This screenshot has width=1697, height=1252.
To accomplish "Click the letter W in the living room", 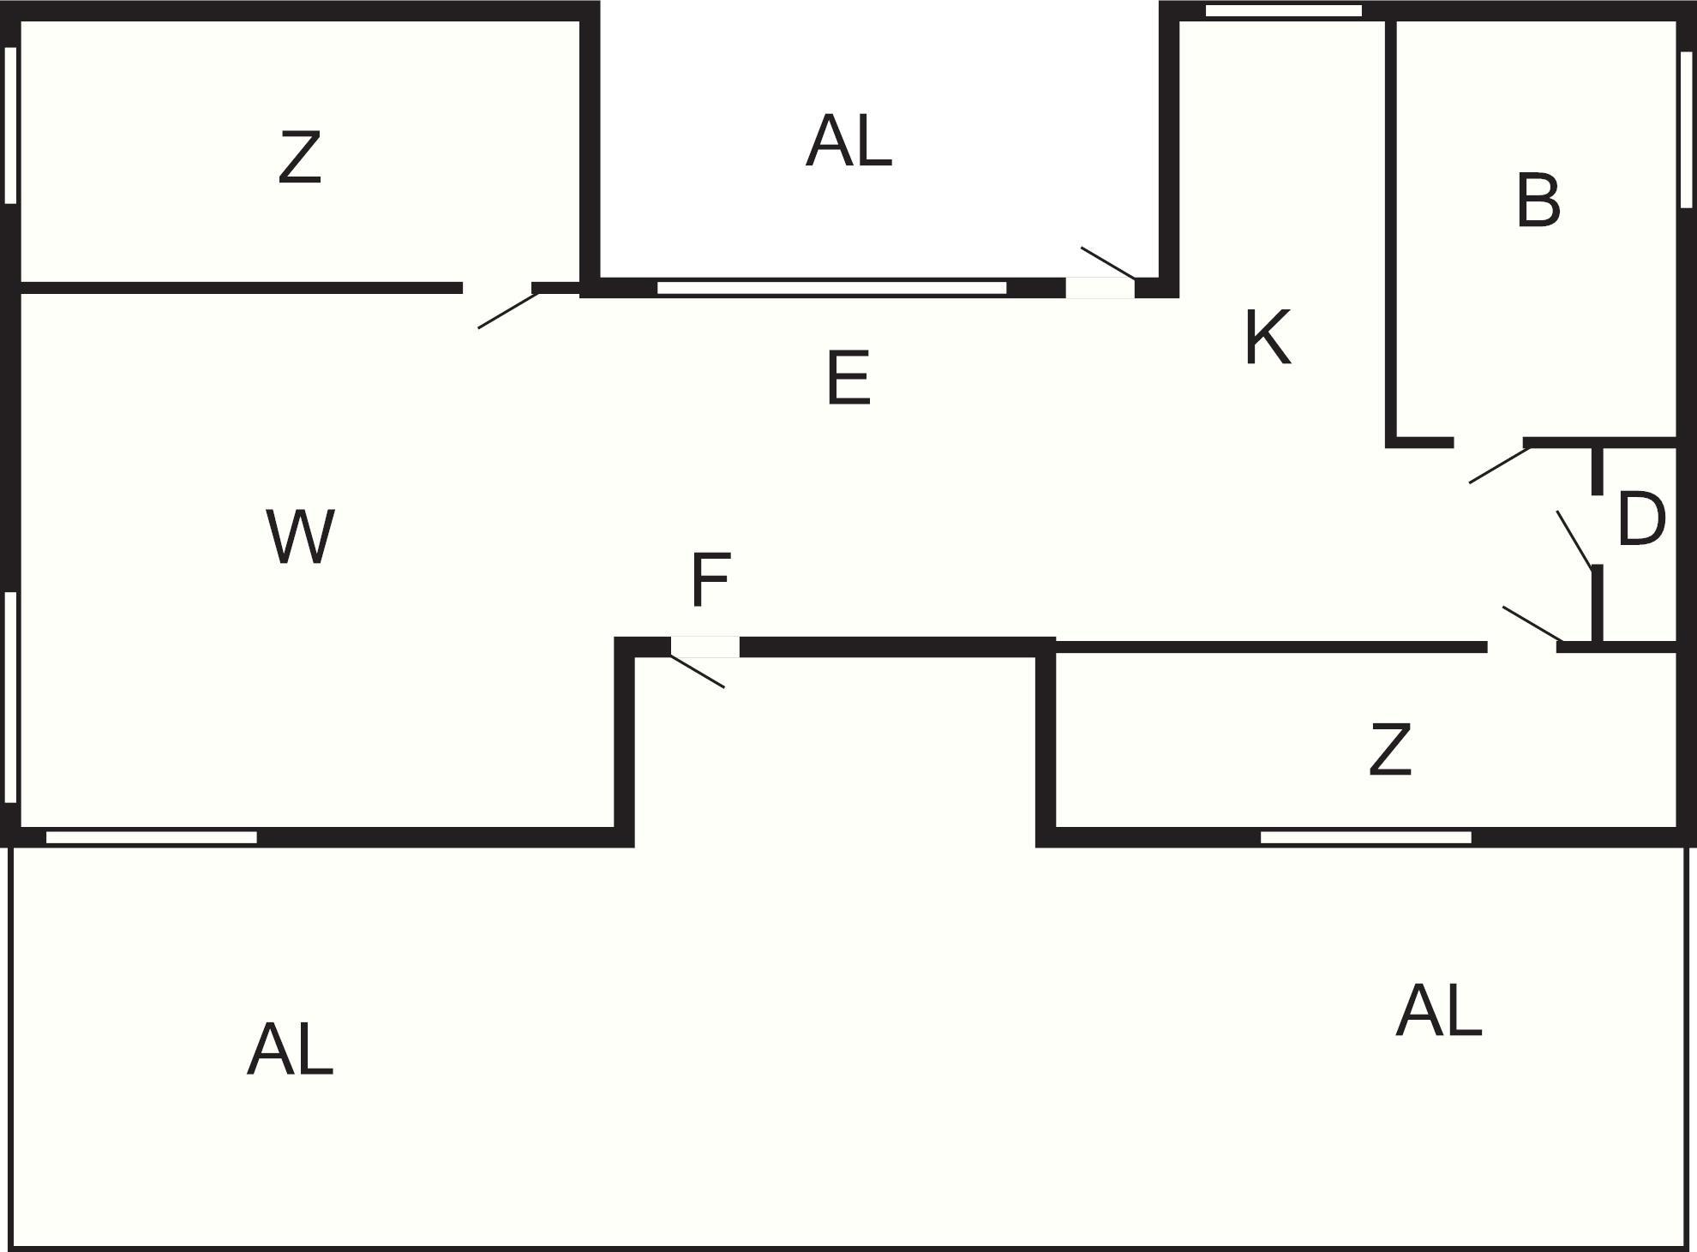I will click(300, 537).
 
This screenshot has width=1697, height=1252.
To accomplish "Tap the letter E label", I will click(848, 378).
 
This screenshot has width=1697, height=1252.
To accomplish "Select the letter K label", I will click(1267, 338).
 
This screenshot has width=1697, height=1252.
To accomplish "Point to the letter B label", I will click(1538, 201).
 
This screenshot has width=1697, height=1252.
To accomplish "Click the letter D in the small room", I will click(1640, 519).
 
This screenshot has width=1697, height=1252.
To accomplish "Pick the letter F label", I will click(710, 580).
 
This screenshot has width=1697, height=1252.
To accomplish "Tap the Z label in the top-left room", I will click(300, 158).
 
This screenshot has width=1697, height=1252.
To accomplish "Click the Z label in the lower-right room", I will click(1389, 750).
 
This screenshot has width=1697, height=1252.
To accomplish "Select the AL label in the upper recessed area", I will click(848, 141).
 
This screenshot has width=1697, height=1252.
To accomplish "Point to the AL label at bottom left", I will click(290, 1050).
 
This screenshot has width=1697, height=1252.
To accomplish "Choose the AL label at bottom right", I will click(1438, 1011).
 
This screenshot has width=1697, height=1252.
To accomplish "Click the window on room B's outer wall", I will click(1686, 129).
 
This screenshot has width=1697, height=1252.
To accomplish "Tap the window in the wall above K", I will click(1283, 11).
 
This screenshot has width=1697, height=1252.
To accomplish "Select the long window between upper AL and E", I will click(831, 288).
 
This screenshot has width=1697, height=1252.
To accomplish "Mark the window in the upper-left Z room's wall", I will click(11, 125).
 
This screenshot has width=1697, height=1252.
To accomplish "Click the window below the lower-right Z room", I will click(1365, 837).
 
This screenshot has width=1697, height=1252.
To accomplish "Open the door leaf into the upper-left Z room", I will click(508, 309).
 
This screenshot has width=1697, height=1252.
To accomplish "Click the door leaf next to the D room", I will click(1574, 539).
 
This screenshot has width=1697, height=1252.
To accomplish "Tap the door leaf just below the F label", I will click(697, 671).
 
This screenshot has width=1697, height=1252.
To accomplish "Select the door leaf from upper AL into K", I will click(1108, 263).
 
